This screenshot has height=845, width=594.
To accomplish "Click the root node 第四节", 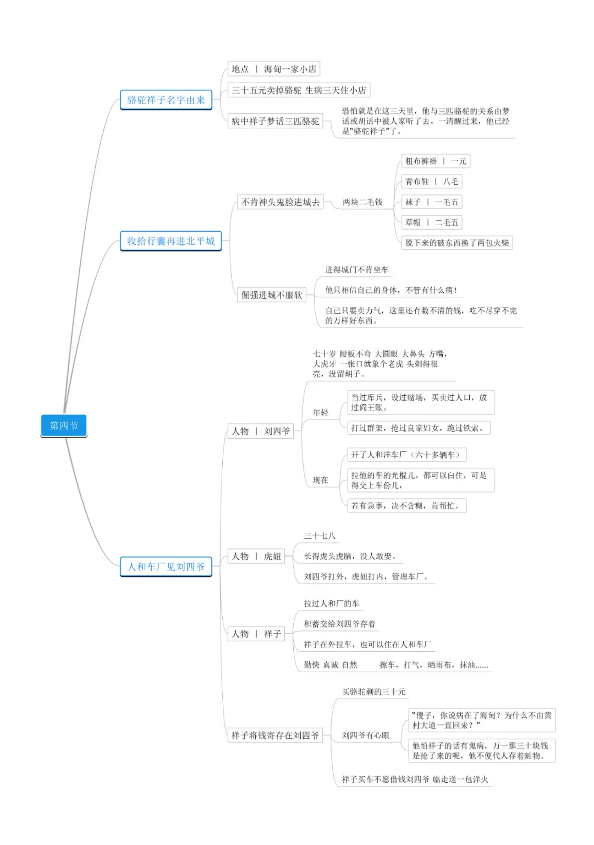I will point(64,426).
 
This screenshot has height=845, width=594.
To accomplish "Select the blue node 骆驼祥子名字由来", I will point(166,100).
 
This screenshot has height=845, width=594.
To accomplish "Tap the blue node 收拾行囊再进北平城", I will point(170,241).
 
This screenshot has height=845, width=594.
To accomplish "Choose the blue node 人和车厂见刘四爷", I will point(166,566).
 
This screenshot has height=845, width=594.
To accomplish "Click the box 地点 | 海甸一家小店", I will point(273,69).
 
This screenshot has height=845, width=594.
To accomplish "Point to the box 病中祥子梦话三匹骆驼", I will point(275,121).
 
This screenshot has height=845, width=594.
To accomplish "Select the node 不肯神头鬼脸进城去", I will point(280,202).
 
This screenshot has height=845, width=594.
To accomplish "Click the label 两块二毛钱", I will point(362,202).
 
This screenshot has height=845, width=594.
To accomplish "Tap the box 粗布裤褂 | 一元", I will point(436,161).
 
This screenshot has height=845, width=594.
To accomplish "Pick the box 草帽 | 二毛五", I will point(431,222).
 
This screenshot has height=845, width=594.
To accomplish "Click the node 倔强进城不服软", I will point(272,295).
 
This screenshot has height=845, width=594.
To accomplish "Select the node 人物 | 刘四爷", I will point(261,431).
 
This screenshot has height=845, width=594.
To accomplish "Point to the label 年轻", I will point(320,412).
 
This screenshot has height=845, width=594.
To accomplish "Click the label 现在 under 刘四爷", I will point(320,480).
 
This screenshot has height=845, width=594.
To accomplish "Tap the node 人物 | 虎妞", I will point(256,556).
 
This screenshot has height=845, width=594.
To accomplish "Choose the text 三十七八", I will point(320,536).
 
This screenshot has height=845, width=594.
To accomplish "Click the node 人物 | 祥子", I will point(256,634).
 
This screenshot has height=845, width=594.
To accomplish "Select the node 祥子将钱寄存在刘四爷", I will point(275,735).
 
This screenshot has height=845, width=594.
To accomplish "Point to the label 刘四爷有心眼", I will point(365,735).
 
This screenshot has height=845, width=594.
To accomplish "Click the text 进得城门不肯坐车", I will point(356,270).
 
